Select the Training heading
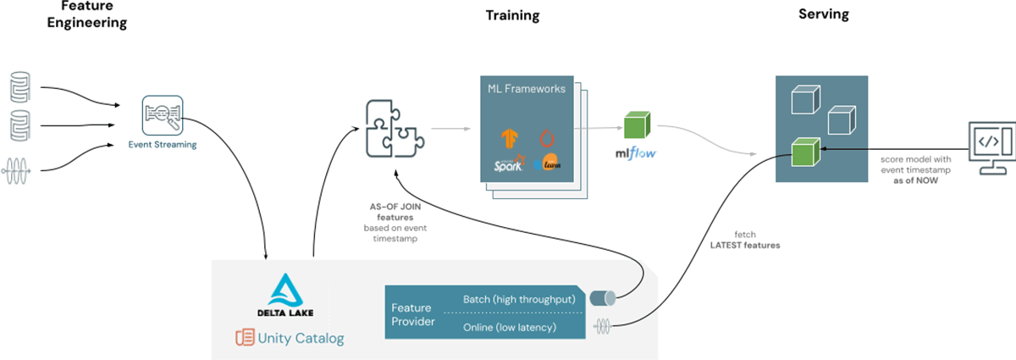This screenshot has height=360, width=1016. pos(512,15)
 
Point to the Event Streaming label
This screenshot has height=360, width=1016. pos(163,145)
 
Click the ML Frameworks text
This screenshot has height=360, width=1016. pos(526,88)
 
